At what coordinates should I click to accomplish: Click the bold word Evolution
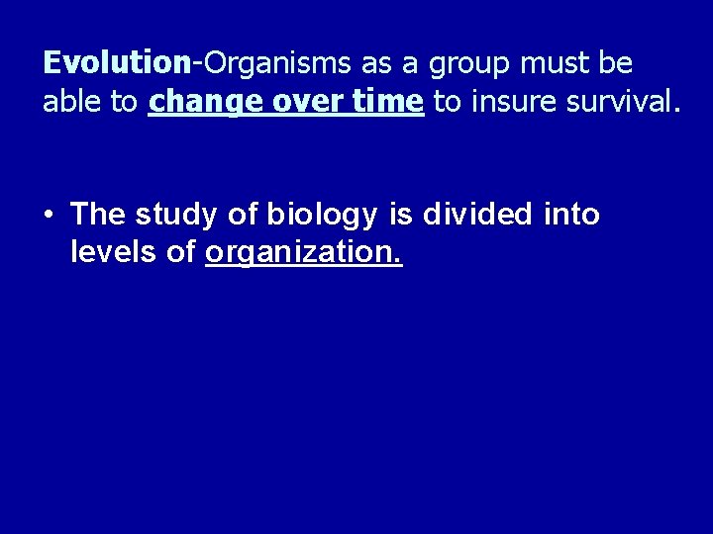click(117, 63)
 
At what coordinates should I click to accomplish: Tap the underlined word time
click(389, 102)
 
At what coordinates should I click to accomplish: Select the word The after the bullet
click(99, 214)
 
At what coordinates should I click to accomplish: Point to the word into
click(573, 214)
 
